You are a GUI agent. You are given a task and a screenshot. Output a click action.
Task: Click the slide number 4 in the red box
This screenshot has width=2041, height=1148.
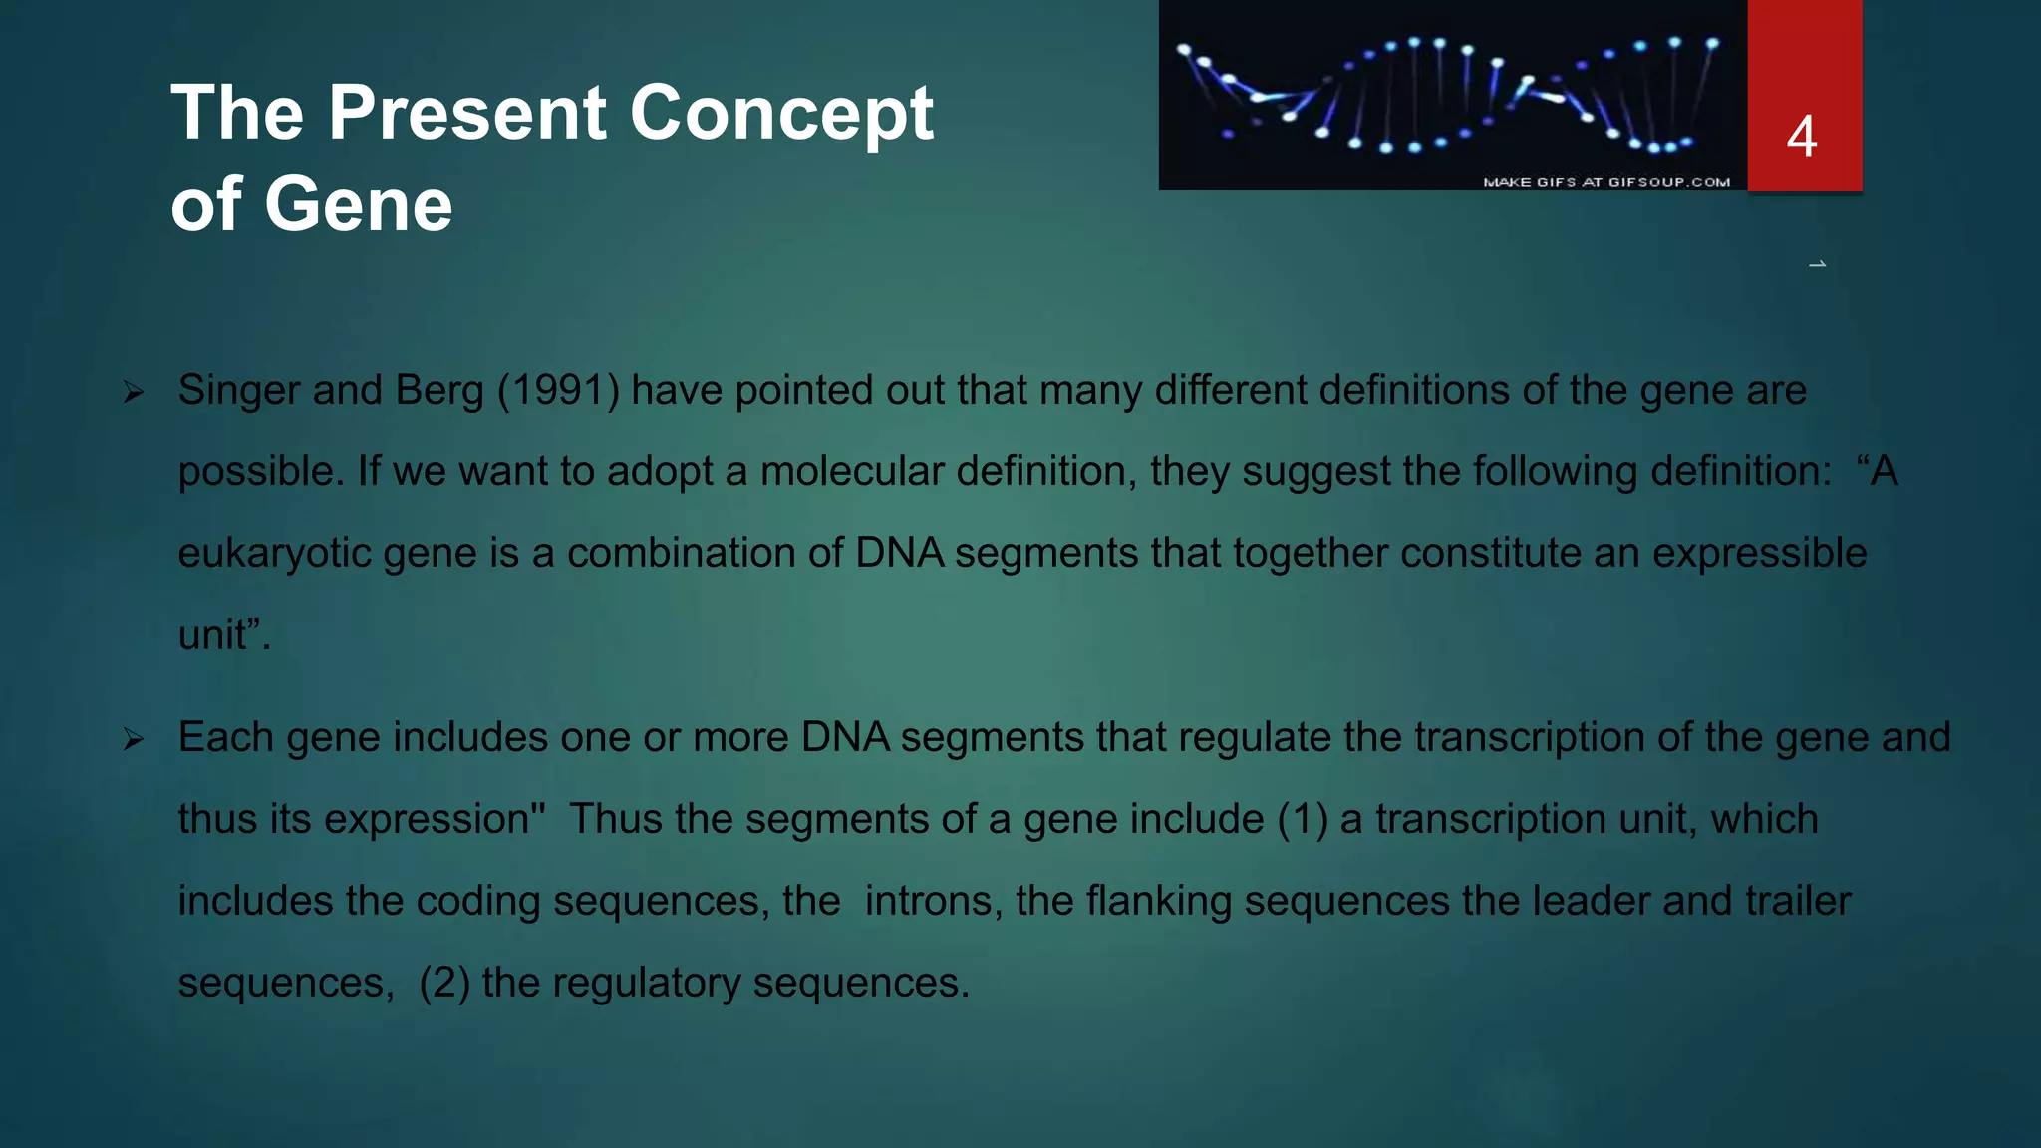(1802, 137)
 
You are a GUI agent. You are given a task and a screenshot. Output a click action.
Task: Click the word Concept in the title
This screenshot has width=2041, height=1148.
(781, 113)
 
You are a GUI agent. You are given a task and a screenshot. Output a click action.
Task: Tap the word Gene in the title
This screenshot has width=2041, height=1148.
(358, 204)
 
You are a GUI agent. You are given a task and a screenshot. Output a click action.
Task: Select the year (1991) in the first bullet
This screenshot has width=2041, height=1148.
(558, 390)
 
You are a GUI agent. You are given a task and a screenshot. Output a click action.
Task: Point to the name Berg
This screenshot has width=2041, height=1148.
(438, 390)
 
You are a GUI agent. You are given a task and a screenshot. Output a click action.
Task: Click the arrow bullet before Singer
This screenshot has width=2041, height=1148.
(134, 392)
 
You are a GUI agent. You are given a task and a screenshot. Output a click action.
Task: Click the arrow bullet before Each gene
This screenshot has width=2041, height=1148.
(134, 739)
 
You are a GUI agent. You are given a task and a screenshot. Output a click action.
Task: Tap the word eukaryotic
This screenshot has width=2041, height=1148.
(274, 554)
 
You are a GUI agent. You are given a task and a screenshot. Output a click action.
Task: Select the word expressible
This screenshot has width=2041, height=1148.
(1759, 553)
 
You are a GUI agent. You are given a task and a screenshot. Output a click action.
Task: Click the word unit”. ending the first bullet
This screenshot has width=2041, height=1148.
(223, 635)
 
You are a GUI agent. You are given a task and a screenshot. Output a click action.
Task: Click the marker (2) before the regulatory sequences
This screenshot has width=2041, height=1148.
(443, 983)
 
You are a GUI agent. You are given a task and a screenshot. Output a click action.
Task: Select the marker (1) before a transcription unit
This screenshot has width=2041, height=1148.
(1302, 819)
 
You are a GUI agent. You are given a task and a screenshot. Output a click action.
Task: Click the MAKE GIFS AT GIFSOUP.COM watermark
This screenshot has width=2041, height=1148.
(1605, 182)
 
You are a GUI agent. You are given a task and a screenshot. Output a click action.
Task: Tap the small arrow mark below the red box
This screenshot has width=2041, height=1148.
(1817, 264)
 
